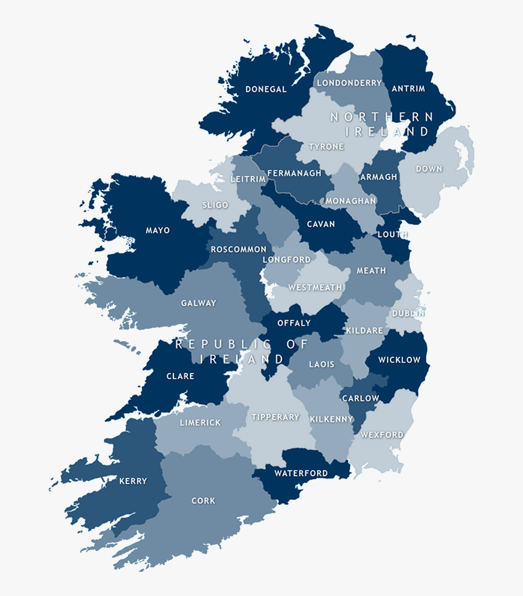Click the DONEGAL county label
pyautogui.click(x=266, y=89)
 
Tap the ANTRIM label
pyautogui.click(x=408, y=89)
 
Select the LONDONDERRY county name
pyautogui.click(x=349, y=83)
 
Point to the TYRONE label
pyautogui.click(x=326, y=147)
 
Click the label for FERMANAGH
pyautogui.click(x=294, y=173)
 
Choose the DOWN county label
pyautogui.click(x=429, y=168)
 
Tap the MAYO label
pyautogui.click(x=158, y=230)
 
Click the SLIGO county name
pyautogui.click(x=215, y=205)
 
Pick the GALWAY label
pyautogui.click(x=198, y=303)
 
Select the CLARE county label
pyautogui.click(x=180, y=376)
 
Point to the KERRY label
pyautogui.click(x=133, y=481)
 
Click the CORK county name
pyautogui.click(x=203, y=501)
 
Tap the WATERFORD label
pyautogui.click(x=301, y=473)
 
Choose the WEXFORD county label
pyautogui.click(x=382, y=435)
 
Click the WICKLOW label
pyautogui.click(x=399, y=359)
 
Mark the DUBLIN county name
pyautogui.click(x=408, y=313)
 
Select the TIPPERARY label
pyautogui.click(x=275, y=417)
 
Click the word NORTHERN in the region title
pyautogui.click(x=382, y=117)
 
